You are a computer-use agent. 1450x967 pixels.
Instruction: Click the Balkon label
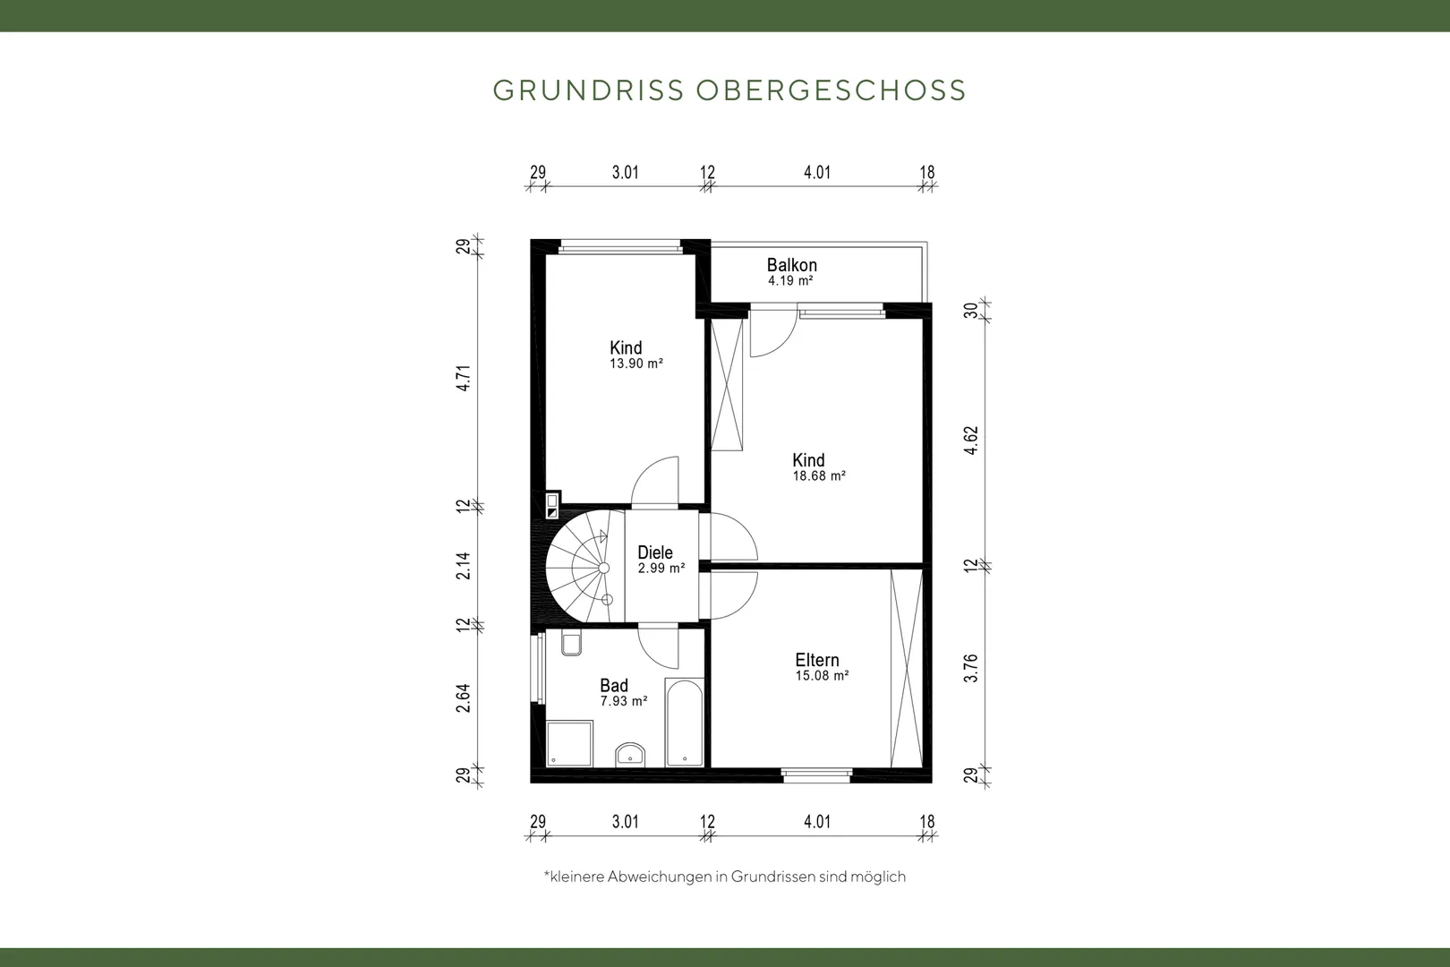click(x=791, y=265)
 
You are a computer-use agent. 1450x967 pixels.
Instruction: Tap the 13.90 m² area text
click(x=636, y=364)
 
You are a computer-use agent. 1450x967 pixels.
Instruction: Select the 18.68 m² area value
click(x=820, y=476)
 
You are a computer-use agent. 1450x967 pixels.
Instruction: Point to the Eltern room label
click(x=817, y=660)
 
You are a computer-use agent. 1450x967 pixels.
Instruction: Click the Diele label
click(x=655, y=552)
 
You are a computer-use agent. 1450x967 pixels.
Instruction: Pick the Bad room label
click(x=614, y=685)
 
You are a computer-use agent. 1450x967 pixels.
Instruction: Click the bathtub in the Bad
click(x=684, y=723)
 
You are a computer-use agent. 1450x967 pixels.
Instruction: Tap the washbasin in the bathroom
click(x=630, y=755)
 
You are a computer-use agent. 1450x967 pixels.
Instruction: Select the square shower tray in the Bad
click(x=569, y=743)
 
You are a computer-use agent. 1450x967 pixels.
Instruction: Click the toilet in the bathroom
click(x=571, y=642)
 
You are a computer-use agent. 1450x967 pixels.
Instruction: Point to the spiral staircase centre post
click(x=604, y=568)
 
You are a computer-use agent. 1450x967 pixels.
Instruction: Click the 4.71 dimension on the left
click(x=464, y=378)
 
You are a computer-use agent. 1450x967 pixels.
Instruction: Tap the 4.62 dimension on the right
click(x=971, y=441)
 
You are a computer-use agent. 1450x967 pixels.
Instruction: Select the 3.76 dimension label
click(x=971, y=669)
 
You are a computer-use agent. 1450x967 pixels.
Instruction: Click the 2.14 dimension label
click(x=464, y=566)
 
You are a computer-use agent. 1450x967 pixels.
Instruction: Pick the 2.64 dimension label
click(x=464, y=698)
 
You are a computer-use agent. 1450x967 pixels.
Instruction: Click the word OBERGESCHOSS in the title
click(x=832, y=90)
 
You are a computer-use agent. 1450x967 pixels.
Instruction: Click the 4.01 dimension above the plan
click(x=817, y=172)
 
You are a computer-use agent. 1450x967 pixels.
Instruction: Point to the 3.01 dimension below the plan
click(x=626, y=822)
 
